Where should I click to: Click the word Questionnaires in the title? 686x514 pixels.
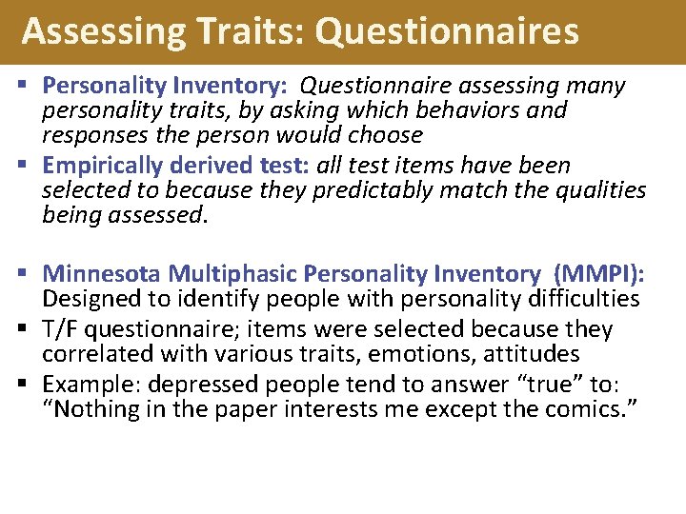point(447,31)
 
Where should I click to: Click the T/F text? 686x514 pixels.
point(62,329)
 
